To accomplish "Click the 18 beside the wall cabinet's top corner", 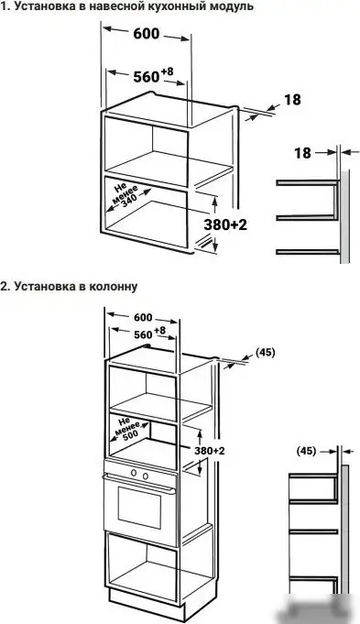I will (x=292, y=99).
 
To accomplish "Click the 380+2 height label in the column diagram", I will (x=209, y=453).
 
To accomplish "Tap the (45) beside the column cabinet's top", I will (x=265, y=351).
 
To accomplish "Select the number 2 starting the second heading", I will (x=5, y=286).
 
